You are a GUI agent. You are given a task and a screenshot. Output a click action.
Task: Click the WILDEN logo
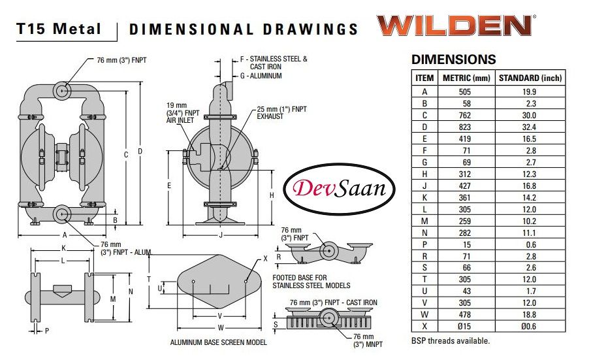(456, 25)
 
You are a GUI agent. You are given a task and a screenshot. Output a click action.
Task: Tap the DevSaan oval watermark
(339, 189)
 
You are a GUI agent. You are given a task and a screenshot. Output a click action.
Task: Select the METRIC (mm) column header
(466, 78)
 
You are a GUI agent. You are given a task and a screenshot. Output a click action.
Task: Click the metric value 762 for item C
(465, 116)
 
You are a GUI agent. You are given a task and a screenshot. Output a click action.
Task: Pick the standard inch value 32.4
(529, 127)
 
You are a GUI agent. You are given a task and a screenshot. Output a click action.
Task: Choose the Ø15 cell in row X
(464, 326)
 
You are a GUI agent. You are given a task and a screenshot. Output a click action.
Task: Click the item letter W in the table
(424, 314)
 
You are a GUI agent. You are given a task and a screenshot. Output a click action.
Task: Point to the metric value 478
(465, 314)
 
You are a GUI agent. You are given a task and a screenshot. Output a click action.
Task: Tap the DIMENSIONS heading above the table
(454, 59)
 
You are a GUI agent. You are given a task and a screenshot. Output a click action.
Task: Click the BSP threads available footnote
(451, 341)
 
